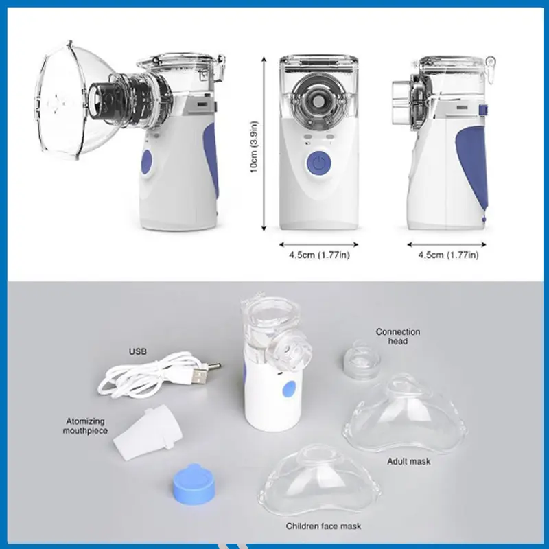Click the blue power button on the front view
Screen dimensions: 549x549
pos(317,164)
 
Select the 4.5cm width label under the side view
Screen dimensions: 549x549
pos(449,255)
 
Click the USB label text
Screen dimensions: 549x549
pos(137,352)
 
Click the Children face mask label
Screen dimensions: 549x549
pos(323,526)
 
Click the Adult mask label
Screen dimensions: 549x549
pos(409,461)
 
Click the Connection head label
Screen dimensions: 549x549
pos(397,336)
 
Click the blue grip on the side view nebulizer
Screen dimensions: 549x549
pos(478,161)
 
